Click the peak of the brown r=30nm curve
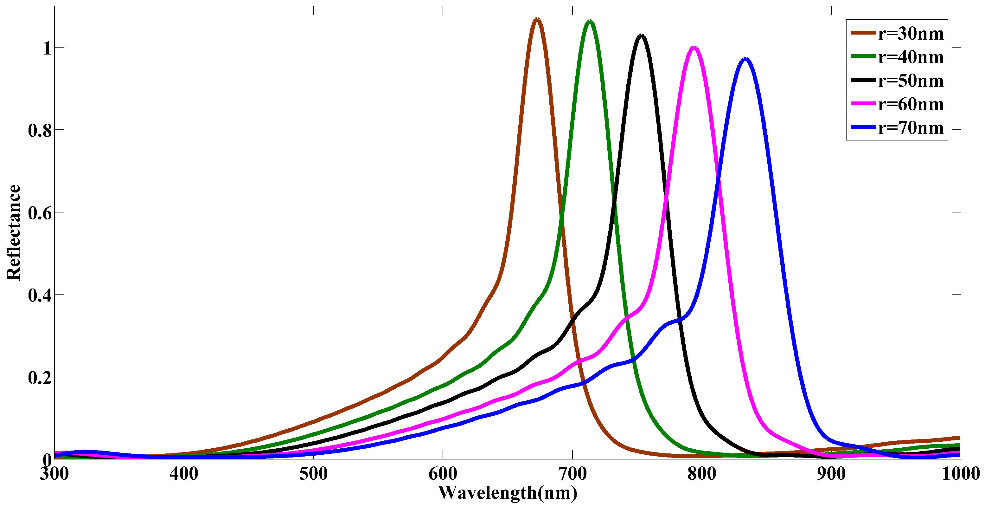[537, 19]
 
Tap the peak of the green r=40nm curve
[590, 22]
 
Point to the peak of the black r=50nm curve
[642, 36]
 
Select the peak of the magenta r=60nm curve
[694, 48]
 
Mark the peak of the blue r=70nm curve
[745, 59]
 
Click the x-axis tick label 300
[55, 474]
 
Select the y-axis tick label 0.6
[40, 213]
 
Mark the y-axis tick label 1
[47, 49]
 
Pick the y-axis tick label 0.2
[40, 377]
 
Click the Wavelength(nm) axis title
[508, 493]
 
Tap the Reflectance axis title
[14, 233]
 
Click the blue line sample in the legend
[863, 127]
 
